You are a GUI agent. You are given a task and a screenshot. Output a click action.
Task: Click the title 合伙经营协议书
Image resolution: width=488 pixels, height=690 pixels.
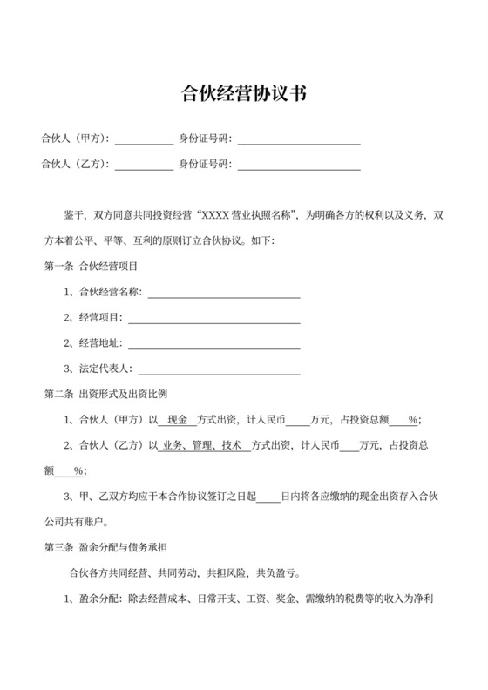(x=243, y=92)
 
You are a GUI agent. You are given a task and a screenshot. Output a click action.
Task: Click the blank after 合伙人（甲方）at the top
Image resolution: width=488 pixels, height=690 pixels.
(x=144, y=139)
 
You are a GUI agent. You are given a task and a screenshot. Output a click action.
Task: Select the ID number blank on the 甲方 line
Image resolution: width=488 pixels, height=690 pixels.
(x=299, y=139)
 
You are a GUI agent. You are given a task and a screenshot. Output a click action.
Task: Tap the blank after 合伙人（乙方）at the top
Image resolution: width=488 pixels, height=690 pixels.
(x=144, y=165)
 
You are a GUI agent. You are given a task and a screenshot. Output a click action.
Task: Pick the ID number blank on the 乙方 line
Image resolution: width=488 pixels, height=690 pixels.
(x=299, y=165)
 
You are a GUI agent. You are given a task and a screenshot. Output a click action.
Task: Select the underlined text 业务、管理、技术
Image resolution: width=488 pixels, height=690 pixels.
(x=201, y=446)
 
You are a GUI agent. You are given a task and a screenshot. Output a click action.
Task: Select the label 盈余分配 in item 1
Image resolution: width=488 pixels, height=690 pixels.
(x=100, y=600)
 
